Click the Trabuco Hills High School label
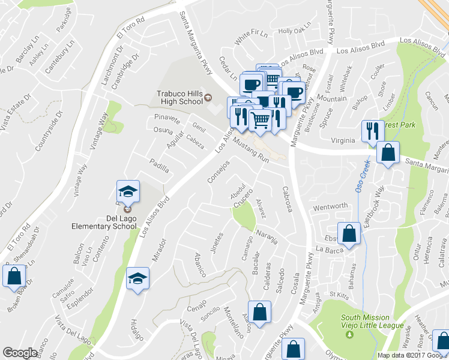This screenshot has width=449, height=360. (179, 97)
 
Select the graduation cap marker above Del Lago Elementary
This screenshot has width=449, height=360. (128, 192)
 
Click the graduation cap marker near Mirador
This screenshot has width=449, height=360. (137, 279)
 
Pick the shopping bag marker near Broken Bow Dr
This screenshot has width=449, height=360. (14, 278)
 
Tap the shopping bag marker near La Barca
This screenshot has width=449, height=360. (349, 234)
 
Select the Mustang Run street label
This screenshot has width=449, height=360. (252, 151)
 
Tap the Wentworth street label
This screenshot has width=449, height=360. (330, 206)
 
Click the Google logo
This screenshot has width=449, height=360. (20, 353)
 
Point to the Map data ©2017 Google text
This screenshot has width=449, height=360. (412, 355)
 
